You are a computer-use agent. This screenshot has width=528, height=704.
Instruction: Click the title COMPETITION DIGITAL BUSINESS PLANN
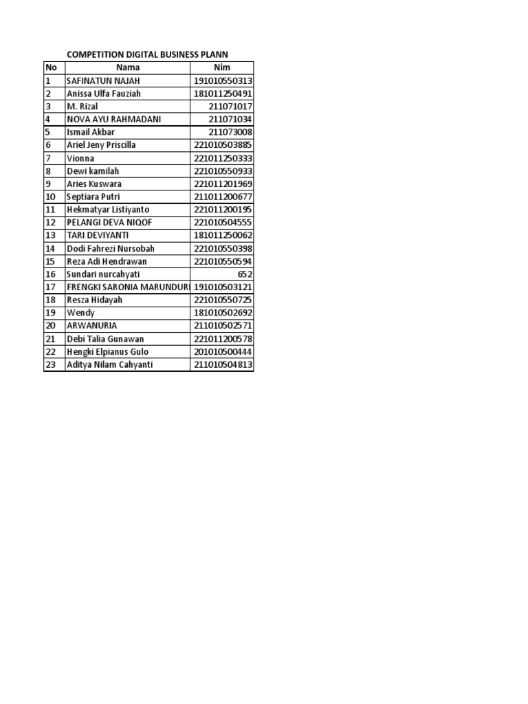147,54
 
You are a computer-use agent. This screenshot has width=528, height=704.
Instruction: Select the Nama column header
127,67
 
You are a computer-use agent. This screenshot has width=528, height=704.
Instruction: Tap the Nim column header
222,67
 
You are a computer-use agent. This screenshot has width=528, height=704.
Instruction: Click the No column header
51,67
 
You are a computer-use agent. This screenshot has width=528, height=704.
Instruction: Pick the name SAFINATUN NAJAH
103,80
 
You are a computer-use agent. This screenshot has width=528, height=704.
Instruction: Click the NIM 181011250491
223,93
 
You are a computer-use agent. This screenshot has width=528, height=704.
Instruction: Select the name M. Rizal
82,107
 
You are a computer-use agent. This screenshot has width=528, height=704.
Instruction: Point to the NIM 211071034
231,120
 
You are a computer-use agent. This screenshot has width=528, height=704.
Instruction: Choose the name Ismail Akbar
91,132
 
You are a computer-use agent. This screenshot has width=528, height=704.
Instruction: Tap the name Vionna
80,158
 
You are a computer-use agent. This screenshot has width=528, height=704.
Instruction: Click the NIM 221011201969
223,184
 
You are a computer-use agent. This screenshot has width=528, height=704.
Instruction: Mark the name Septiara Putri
94,197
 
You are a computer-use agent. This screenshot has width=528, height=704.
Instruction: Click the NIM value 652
245,274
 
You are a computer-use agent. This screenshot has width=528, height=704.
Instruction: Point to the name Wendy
80,313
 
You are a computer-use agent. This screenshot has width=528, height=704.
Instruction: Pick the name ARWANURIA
91,326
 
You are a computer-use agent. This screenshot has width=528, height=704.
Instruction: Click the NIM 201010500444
223,352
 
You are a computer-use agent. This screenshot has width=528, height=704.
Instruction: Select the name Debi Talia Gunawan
107,339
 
